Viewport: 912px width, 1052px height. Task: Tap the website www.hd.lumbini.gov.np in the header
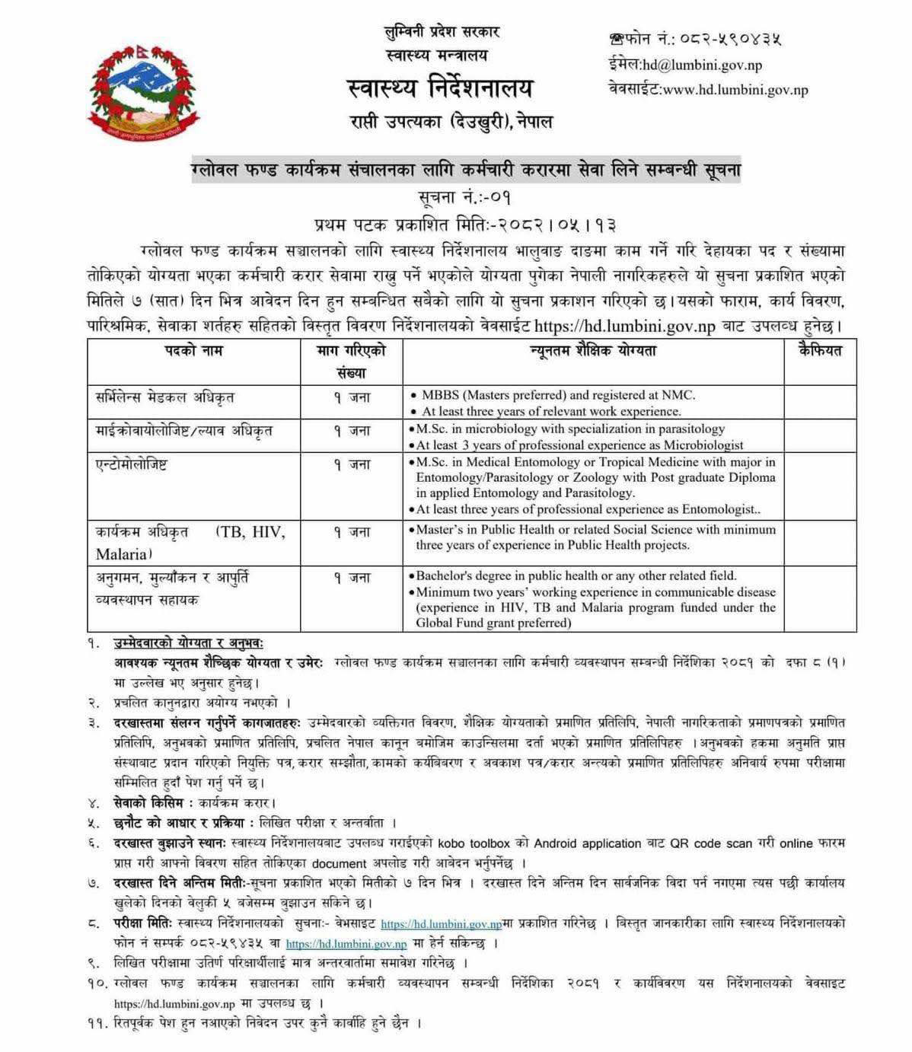click(735, 90)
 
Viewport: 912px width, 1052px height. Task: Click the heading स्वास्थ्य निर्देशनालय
click(440, 89)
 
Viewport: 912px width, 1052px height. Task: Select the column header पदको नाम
click(194, 351)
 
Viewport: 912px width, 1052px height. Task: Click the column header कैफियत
click(820, 351)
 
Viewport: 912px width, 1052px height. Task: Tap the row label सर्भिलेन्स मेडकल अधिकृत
click(164, 397)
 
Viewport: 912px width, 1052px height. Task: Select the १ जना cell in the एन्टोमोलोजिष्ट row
click(352, 464)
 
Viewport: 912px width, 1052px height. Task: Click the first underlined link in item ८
click(441, 924)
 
